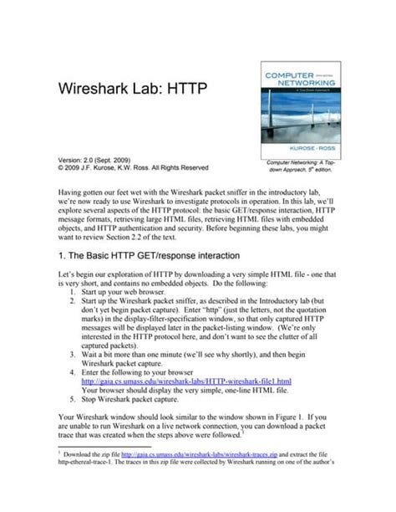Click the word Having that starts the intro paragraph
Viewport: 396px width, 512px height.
[73, 192]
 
